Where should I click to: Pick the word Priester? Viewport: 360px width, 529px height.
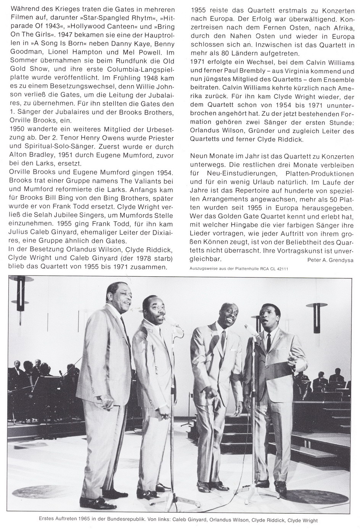tap(159, 138)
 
